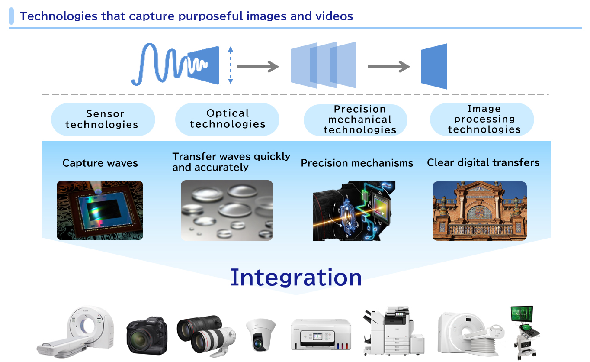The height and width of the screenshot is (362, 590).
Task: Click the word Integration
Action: (x=296, y=278)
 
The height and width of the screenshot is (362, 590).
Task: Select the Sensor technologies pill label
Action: (x=103, y=120)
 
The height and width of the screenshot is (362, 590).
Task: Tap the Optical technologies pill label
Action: (x=227, y=120)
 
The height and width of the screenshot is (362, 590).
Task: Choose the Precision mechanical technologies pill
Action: (x=355, y=120)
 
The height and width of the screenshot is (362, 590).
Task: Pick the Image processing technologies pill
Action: (x=482, y=120)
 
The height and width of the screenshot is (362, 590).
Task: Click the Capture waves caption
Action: (x=100, y=163)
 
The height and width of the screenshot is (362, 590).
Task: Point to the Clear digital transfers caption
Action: (x=483, y=163)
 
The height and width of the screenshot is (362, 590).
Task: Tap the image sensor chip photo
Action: (x=100, y=210)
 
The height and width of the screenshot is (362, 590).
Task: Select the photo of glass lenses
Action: (x=227, y=210)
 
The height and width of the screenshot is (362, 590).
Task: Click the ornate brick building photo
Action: (x=480, y=211)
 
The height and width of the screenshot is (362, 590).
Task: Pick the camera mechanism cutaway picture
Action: (x=354, y=210)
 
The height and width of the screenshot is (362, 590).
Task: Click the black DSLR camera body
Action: (x=147, y=336)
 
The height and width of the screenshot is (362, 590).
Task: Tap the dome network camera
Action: (x=260, y=335)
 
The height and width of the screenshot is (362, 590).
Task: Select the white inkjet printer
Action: (x=321, y=334)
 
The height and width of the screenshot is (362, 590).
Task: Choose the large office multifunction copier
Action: (x=394, y=331)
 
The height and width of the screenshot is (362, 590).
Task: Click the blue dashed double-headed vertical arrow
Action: (x=231, y=65)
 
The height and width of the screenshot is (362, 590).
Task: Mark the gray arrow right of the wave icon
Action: (x=258, y=66)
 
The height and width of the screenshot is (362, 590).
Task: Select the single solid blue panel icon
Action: (x=434, y=66)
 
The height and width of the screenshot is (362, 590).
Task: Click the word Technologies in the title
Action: (x=58, y=16)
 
